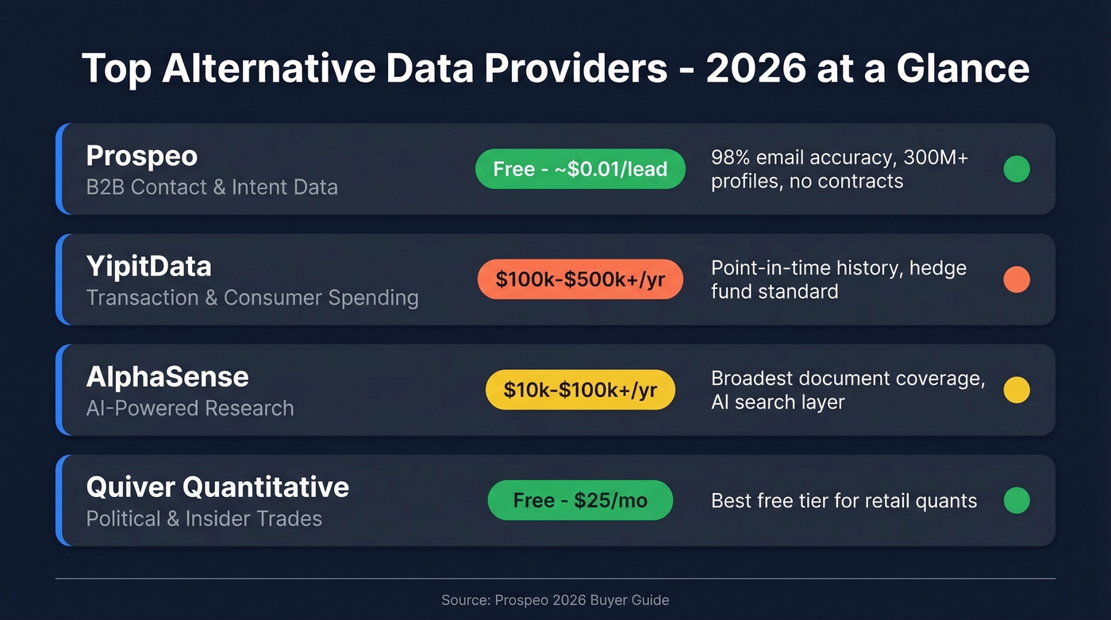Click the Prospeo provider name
click(141, 156)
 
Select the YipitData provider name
click(148, 266)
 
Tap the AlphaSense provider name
click(167, 376)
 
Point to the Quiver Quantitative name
click(217, 487)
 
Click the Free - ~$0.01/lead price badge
click(580, 169)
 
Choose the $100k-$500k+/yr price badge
click(580, 279)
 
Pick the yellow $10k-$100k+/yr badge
click(580, 390)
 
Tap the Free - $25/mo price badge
click(580, 500)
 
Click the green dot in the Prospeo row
click(1017, 169)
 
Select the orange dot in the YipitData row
click(1017, 279)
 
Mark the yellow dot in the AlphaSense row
click(1017, 390)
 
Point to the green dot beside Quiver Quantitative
click(1017, 500)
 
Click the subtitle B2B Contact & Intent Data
click(212, 187)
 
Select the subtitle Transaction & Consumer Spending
click(252, 298)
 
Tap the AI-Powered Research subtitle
click(190, 408)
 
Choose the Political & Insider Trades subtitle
click(204, 518)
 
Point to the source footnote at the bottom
click(555, 600)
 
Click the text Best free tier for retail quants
click(844, 501)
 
